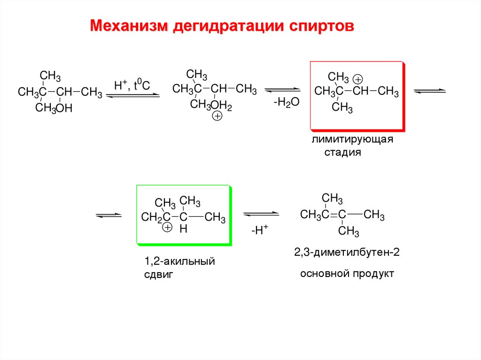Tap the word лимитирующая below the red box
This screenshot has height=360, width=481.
[x=351, y=140]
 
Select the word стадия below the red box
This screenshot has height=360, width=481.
[x=343, y=153]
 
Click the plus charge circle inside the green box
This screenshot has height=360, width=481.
[x=167, y=228]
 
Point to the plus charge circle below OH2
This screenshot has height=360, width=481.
[x=217, y=116]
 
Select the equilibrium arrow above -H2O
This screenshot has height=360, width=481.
[x=282, y=89]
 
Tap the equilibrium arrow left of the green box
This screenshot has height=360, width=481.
[x=109, y=215]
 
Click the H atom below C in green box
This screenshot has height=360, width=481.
[x=184, y=229]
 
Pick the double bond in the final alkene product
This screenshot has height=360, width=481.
[x=333, y=215]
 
